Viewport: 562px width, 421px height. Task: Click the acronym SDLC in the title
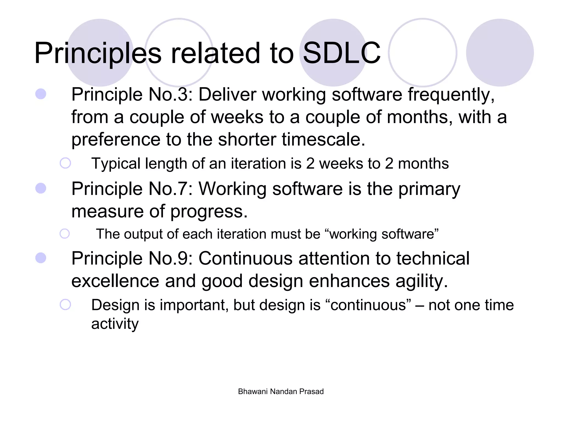(x=342, y=53)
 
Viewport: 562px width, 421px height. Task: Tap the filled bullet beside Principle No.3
(x=41, y=94)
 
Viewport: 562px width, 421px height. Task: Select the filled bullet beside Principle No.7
(x=41, y=188)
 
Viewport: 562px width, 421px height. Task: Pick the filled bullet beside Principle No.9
(x=41, y=258)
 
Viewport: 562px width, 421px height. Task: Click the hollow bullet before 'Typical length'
(x=65, y=163)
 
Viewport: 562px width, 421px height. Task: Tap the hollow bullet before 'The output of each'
(x=65, y=234)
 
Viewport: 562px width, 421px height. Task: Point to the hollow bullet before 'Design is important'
(x=65, y=305)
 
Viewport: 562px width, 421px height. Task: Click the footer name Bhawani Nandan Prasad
(x=281, y=391)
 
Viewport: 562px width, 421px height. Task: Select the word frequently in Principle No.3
(x=451, y=95)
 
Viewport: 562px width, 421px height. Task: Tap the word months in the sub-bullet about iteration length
(x=423, y=164)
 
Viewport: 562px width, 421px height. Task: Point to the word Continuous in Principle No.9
(x=245, y=258)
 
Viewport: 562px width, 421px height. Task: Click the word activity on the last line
(x=115, y=324)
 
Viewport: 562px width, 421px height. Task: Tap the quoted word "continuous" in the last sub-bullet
(x=368, y=305)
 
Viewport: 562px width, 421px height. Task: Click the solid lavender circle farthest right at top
(x=500, y=53)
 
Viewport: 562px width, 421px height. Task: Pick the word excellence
(x=115, y=281)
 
